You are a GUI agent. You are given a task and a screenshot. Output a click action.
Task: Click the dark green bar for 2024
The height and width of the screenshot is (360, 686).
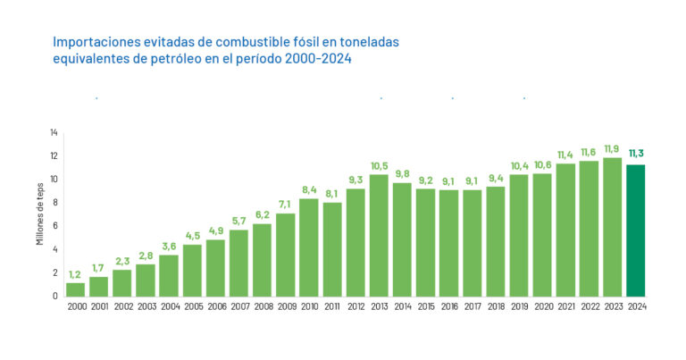(x=635, y=230)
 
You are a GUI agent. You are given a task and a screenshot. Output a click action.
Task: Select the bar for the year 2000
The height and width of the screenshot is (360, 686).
(x=75, y=289)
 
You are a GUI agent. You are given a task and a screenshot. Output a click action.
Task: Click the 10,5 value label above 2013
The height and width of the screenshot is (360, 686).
(x=379, y=166)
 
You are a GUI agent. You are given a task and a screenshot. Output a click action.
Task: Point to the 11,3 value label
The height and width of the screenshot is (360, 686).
(x=636, y=152)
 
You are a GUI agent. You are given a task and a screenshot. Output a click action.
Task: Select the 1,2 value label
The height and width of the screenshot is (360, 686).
(x=75, y=274)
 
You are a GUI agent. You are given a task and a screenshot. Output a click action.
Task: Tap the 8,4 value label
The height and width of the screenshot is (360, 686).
(x=308, y=189)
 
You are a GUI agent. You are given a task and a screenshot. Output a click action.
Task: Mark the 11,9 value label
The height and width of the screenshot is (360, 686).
(x=612, y=148)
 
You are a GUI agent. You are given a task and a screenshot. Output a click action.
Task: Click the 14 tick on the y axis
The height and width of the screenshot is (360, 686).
(x=54, y=133)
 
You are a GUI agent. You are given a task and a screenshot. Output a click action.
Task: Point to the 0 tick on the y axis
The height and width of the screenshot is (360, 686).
(x=55, y=296)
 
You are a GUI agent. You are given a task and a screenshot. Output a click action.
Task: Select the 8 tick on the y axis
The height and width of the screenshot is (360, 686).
(x=55, y=203)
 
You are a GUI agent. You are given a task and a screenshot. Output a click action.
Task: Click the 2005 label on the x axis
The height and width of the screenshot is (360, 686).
(x=192, y=307)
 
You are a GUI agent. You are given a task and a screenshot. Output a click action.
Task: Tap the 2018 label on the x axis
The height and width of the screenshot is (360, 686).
(x=496, y=307)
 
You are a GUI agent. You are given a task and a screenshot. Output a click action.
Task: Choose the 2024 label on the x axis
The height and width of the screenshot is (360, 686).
(x=636, y=307)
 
